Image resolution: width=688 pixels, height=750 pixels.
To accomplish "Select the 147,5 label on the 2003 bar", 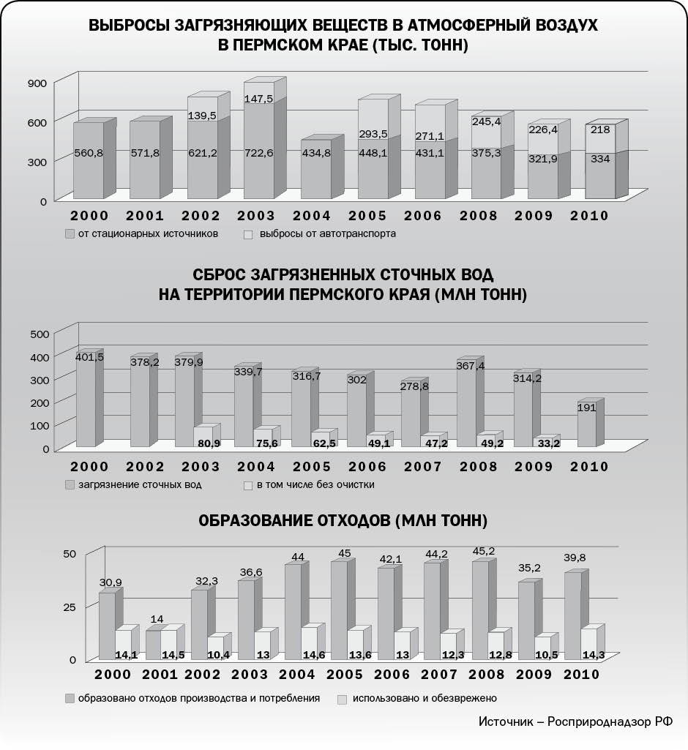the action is pos(259,99).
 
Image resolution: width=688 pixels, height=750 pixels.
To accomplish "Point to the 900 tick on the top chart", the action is pos(38,83).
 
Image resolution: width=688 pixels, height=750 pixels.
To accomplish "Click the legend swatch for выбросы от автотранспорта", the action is pos(248,235).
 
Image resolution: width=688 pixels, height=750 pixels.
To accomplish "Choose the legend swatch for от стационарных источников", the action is pos(70,235).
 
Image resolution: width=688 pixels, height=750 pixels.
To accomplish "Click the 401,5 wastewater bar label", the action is pos(89,357).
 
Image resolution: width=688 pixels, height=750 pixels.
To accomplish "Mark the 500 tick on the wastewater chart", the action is pos(41,334).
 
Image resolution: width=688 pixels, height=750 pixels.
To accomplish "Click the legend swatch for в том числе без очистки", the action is pos(248,484).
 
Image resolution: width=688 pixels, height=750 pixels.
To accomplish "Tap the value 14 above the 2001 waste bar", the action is pos(157,620).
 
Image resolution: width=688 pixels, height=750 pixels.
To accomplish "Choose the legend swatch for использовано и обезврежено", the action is pos(340,700).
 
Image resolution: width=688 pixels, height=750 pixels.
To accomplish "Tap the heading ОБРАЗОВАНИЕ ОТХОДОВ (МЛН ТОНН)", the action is pos(343,521).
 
